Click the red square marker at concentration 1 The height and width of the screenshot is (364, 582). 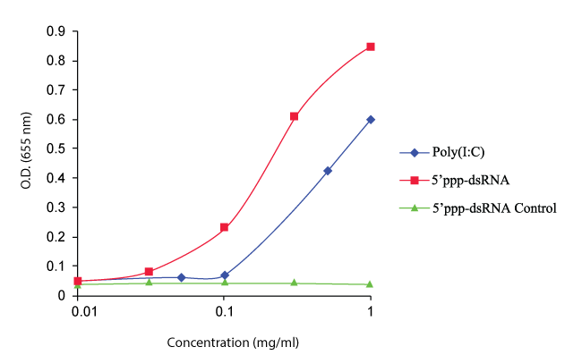click(371, 47)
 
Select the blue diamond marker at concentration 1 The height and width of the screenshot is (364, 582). click(371, 119)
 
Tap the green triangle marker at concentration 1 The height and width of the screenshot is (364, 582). click(371, 284)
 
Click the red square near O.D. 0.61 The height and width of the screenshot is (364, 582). click(294, 116)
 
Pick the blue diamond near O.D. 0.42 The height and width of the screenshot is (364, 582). click(328, 171)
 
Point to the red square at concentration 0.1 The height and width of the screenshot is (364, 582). click(224, 227)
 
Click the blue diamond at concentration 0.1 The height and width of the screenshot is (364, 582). click(224, 275)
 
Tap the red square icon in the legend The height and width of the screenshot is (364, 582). click(415, 181)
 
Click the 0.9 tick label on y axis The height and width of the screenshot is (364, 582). click(56, 31)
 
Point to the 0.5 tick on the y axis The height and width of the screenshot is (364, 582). click(56, 148)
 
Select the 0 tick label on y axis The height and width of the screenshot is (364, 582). click(62, 295)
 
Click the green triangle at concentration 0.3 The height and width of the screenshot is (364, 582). click(294, 283)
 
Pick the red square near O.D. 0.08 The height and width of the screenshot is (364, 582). click(149, 272)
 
